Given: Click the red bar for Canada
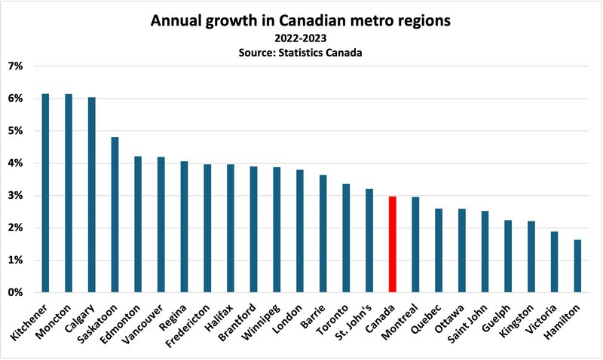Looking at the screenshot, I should pyautogui.click(x=392, y=244).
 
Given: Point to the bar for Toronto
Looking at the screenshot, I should pyautogui.click(x=346, y=238).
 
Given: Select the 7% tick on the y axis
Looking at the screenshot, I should pyautogui.click(x=17, y=66).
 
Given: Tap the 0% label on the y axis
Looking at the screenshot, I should pyautogui.click(x=17, y=292).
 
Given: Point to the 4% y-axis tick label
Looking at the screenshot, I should pyautogui.click(x=17, y=163).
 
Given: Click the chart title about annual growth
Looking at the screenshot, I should pyautogui.click(x=301, y=21).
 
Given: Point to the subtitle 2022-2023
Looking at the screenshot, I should pyautogui.click(x=301, y=38).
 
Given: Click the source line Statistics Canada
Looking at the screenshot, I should pyautogui.click(x=301, y=52).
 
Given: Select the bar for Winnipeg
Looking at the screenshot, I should pyautogui.click(x=277, y=230).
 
